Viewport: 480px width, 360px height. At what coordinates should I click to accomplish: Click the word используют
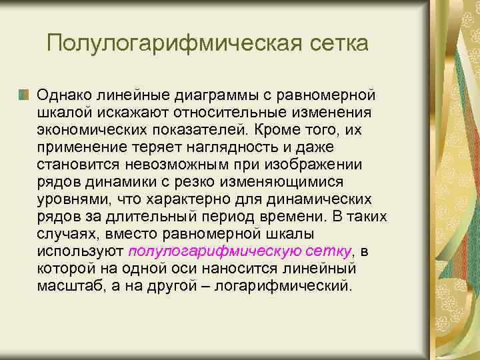80,251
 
